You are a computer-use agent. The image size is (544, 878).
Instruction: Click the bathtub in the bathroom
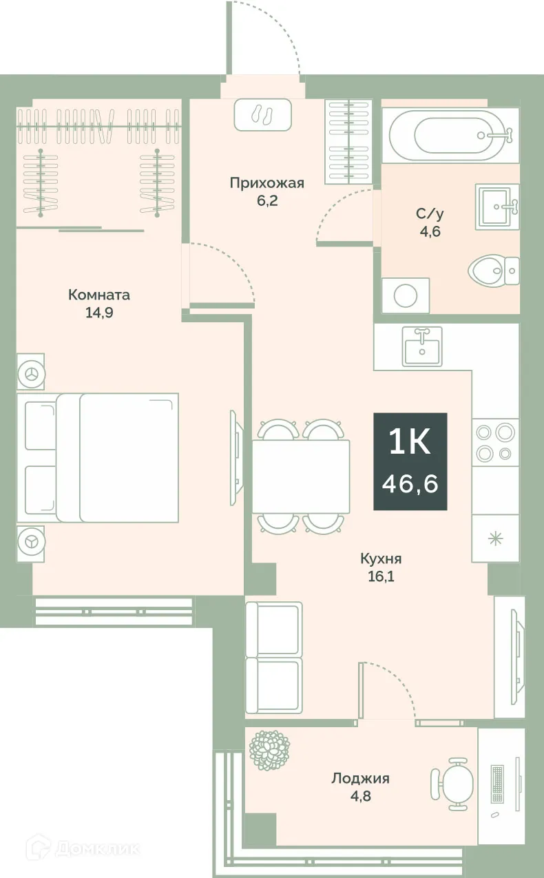[x=451, y=135]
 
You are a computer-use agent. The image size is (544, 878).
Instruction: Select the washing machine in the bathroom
[x=406, y=295]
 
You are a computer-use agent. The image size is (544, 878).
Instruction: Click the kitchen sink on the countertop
[x=422, y=345]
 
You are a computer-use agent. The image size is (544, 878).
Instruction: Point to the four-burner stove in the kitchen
[x=494, y=441]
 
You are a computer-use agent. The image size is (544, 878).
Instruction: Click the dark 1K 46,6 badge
[x=410, y=461]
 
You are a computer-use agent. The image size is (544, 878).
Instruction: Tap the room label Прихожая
[x=266, y=182]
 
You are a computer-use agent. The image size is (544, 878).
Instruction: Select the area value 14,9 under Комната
[x=98, y=312]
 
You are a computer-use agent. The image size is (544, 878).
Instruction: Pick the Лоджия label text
[x=360, y=778]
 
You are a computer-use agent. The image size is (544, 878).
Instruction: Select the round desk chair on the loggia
[x=455, y=783]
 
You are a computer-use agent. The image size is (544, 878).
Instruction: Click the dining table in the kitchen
[x=301, y=476]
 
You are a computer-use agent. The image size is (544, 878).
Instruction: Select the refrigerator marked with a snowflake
[x=494, y=538]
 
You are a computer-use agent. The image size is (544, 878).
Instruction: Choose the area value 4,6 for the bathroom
[x=430, y=231]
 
